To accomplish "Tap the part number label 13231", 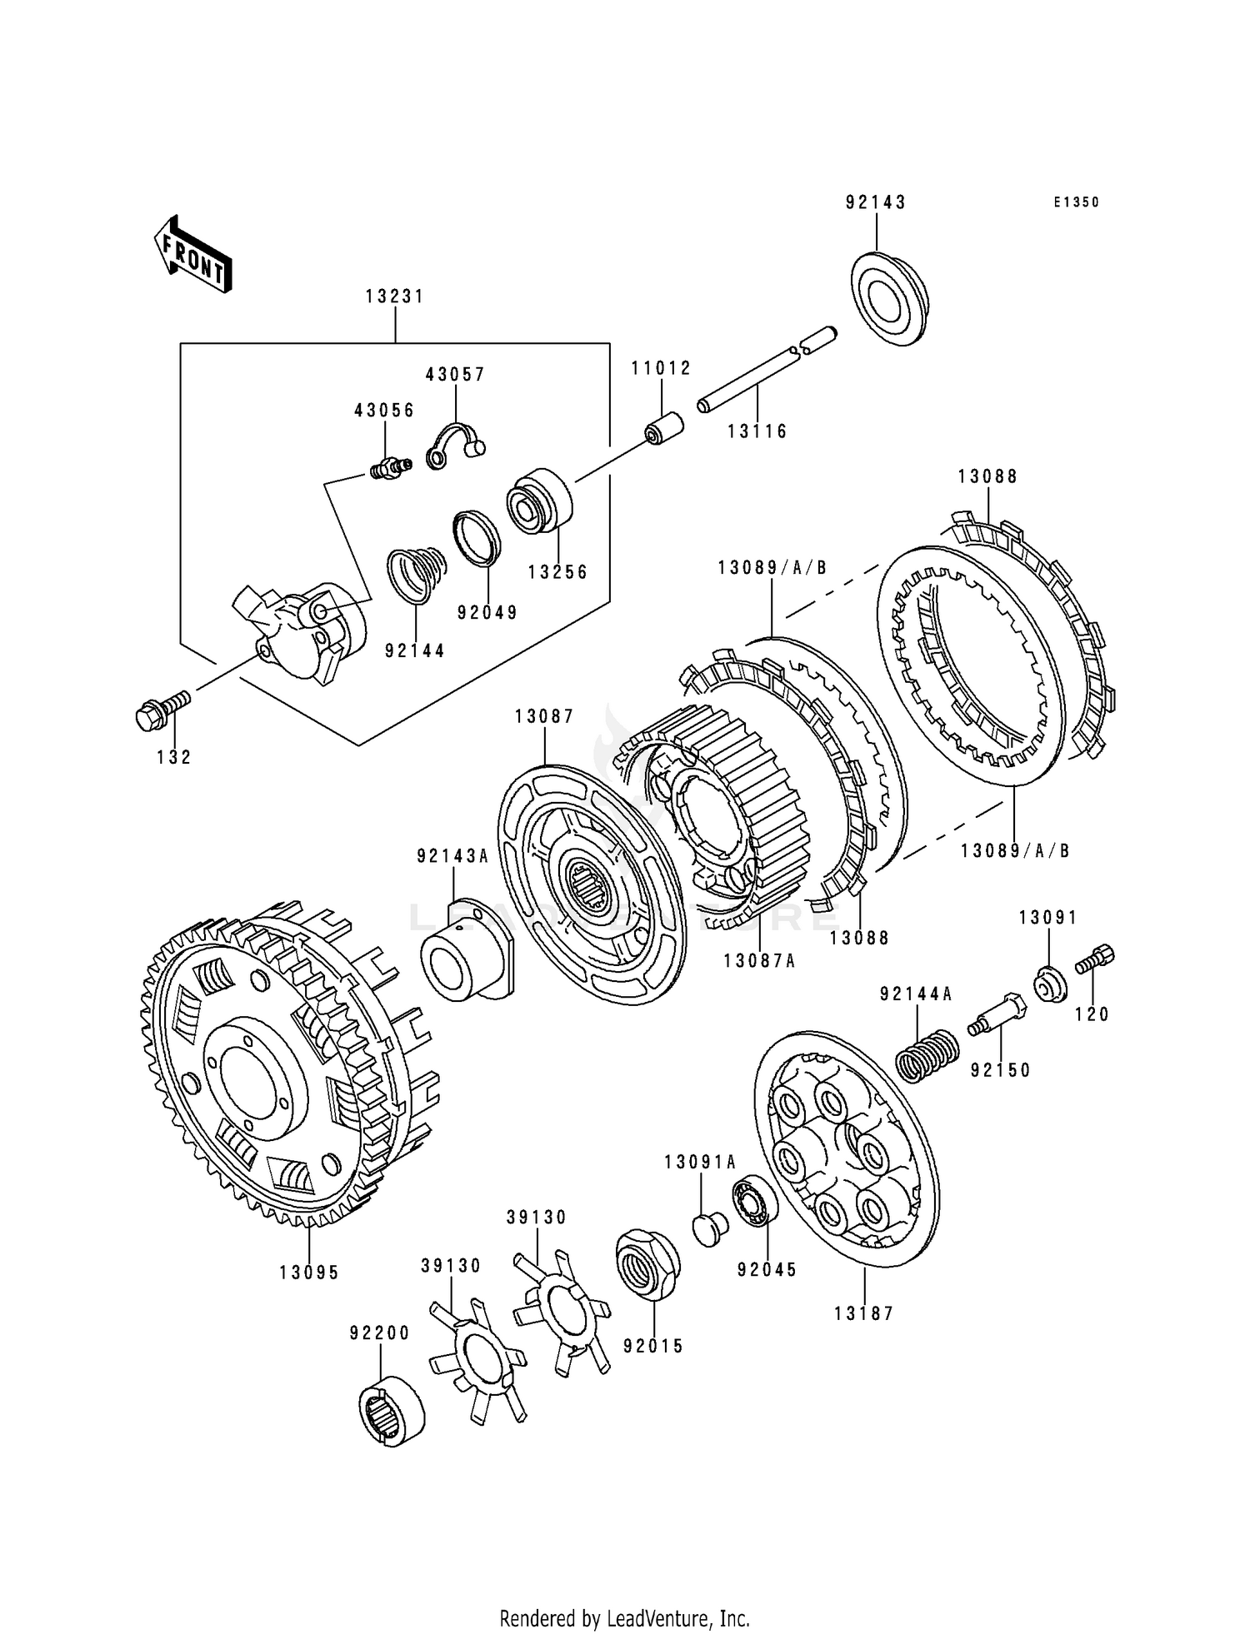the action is [395, 296].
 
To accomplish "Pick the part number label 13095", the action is [309, 1273].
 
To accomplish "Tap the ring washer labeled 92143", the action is [890, 299].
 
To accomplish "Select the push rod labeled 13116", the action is [767, 368].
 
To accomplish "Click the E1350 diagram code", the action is [1076, 202].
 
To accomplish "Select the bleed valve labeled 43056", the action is [388, 469].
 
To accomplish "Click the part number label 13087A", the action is [759, 961].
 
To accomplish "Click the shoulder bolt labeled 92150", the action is [997, 1014].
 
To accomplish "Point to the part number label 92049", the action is [487, 612].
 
